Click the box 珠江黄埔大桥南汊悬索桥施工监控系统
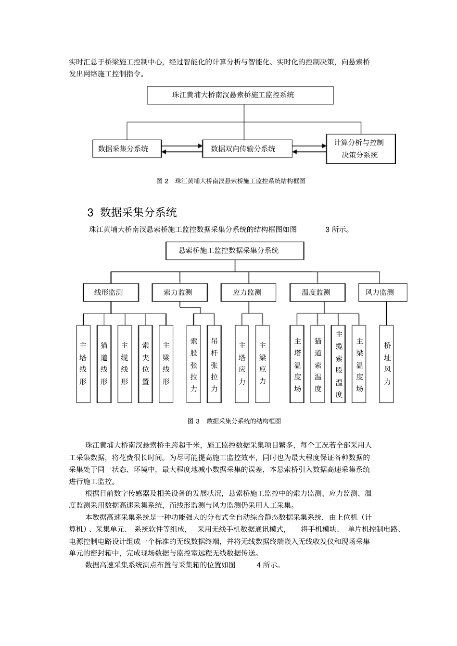click(240, 95)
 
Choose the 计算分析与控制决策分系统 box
click(360, 149)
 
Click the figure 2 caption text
click(231, 181)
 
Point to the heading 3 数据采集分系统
click(132, 212)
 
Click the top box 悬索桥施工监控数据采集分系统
click(235, 251)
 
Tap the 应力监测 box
click(248, 293)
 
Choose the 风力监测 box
click(383, 293)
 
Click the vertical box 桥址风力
click(386, 364)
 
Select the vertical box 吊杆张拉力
click(214, 364)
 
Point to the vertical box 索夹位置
click(145, 364)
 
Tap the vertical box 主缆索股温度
click(339, 364)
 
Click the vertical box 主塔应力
click(242, 364)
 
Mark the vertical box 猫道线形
click(104, 364)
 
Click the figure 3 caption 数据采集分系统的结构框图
click(234, 421)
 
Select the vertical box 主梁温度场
click(359, 364)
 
